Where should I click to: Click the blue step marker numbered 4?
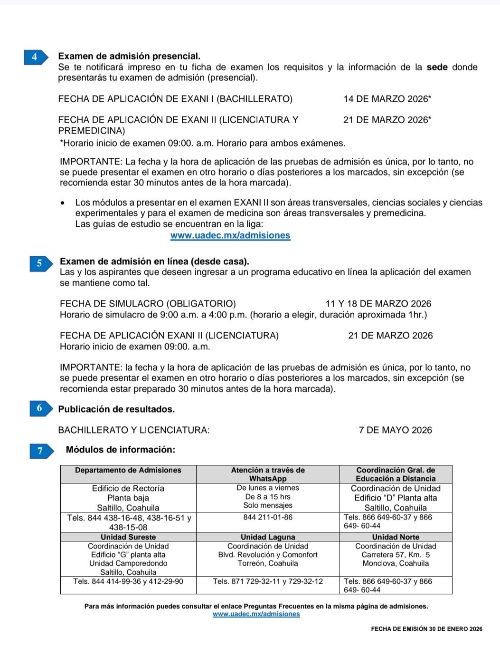click(x=36, y=57)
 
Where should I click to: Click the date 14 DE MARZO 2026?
click(x=387, y=99)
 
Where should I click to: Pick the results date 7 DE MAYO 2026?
click(x=395, y=430)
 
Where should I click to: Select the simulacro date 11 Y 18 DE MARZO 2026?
click(x=378, y=304)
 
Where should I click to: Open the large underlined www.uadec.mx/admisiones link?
click(x=230, y=235)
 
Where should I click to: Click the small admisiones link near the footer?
click(x=256, y=614)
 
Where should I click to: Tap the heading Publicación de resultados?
click(x=116, y=409)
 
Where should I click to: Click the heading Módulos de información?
click(x=120, y=450)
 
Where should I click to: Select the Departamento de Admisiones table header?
click(x=128, y=470)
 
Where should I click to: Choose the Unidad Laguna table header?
click(x=268, y=537)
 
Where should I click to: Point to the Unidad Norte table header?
click(x=396, y=537)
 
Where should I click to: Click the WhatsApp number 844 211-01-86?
click(x=268, y=517)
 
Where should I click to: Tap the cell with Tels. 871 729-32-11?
click(x=268, y=581)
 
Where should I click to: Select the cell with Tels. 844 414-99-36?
click(x=128, y=581)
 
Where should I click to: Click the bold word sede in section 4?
click(x=437, y=67)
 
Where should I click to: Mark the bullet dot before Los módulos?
click(x=63, y=203)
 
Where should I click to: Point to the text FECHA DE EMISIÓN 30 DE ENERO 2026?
click(x=426, y=629)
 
